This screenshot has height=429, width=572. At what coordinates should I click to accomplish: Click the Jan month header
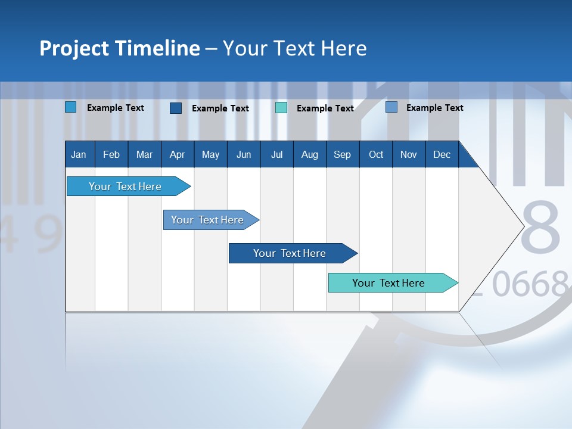click(79, 154)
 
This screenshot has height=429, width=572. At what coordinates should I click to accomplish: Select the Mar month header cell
click(144, 154)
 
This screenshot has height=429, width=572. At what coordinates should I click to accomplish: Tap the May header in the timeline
click(210, 154)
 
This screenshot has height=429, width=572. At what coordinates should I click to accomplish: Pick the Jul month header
click(276, 154)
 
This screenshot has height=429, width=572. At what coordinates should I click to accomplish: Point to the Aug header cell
click(309, 154)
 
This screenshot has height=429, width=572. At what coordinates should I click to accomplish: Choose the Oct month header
click(376, 154)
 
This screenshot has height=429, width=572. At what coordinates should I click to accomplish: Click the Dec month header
click(442, 154)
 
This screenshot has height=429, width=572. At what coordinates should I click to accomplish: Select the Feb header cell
click(111, 154)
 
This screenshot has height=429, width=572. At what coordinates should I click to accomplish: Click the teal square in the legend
click(281, 108)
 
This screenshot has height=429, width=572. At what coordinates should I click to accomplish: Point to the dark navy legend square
click(176, 108)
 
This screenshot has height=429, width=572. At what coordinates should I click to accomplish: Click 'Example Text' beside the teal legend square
click(325, 108)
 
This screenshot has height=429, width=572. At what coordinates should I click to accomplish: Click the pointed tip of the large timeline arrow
click(522, 226)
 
